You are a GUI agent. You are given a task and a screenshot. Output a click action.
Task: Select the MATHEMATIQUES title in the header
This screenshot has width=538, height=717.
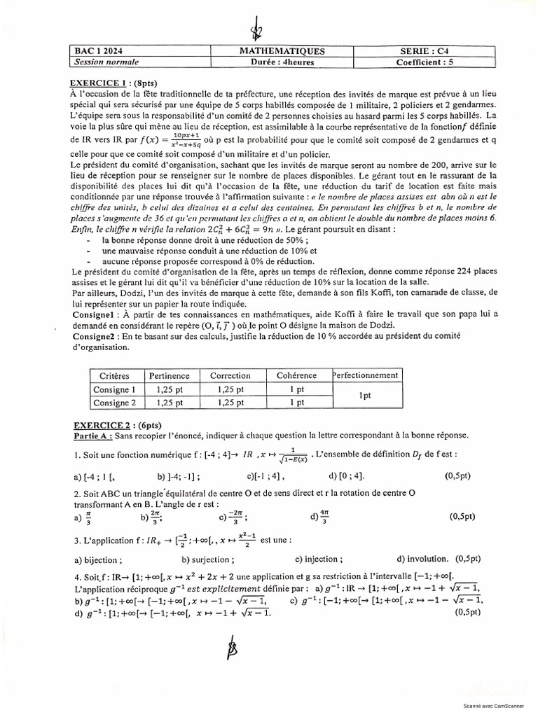tap(282, 51)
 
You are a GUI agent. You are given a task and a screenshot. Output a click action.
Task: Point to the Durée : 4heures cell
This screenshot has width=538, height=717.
tap(282, 62)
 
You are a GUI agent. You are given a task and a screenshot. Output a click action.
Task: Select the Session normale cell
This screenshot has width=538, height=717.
tap(102, 62)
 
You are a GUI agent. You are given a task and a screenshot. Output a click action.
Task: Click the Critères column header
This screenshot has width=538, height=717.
tap(115, 375)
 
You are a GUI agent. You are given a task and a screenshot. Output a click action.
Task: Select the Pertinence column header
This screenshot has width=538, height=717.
tap(170, 375)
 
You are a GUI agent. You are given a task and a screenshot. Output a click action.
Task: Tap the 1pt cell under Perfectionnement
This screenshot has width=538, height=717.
tap(365, 396)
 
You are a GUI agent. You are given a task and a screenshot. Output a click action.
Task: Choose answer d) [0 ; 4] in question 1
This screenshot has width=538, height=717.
tap(347, 476)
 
